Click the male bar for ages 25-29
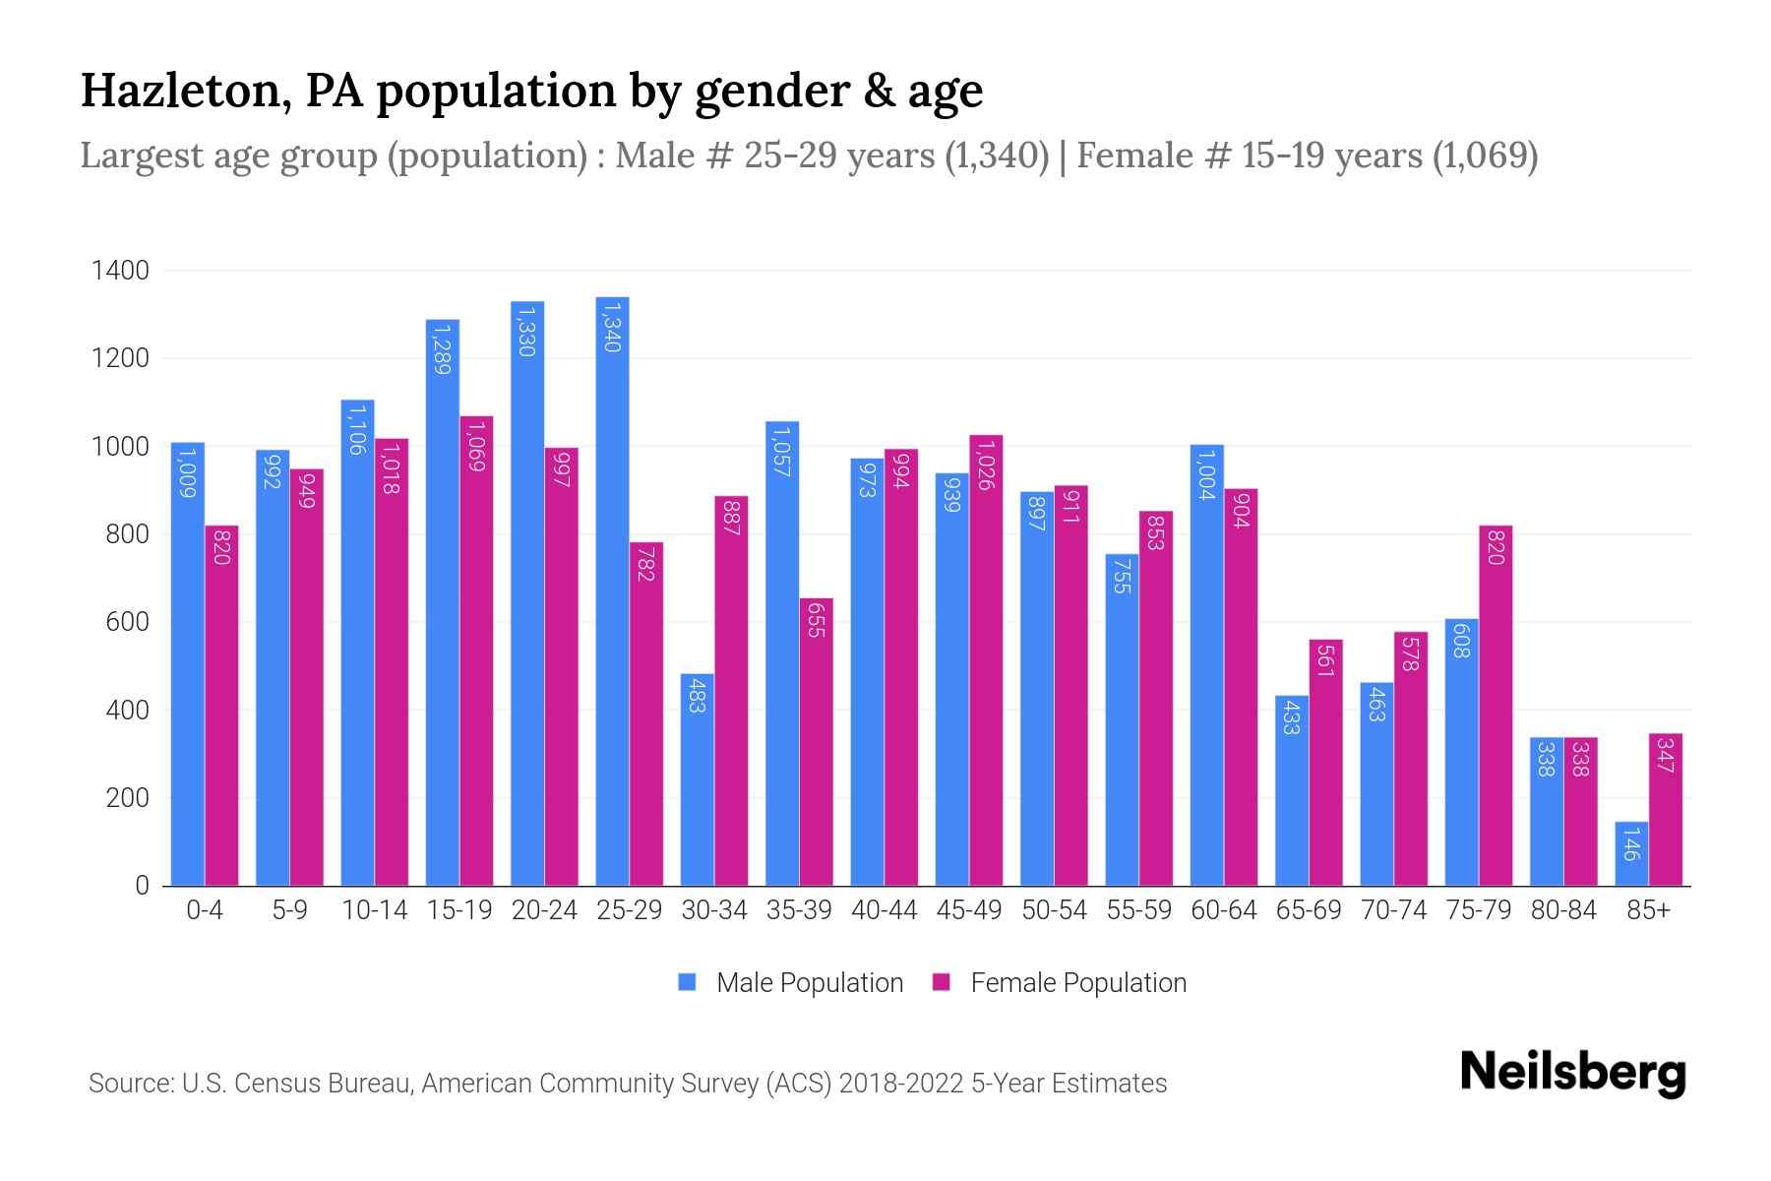click(612, 590)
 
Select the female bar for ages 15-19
click(476, 651)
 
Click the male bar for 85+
click(1630, 853)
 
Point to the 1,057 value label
click(781, 451)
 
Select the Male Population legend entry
click(790, 983)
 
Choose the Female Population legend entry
click(1060, 983)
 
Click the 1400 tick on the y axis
click(120, 271)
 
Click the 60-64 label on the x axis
click(1223, 910)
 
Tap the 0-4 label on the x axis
click(205, 910)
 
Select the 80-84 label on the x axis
click(1562, 910)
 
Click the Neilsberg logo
click(1572, 1073)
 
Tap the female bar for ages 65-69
click(1325, 763)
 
